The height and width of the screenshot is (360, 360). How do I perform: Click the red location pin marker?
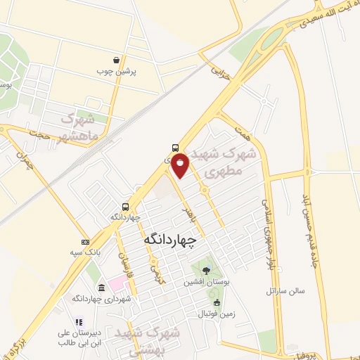tap(181, 164)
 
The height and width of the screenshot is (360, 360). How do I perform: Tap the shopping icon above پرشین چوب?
tap(125, 60)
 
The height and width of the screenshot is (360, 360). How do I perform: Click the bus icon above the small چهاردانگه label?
tap(125, 207)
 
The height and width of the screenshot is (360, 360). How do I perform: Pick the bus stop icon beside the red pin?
tap(174, 148)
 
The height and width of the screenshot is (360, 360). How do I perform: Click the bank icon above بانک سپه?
tap(85, 242)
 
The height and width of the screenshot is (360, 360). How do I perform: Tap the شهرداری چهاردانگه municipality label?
tap(103, 299)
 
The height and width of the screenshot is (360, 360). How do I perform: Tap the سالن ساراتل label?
tap(284, 290)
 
